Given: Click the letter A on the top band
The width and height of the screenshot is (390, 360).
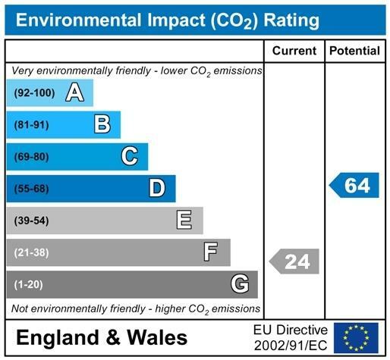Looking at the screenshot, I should coord(74,92).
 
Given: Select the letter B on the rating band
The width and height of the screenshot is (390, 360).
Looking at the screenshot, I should coord(102,124).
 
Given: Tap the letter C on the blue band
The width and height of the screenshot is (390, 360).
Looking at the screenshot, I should coord(129,156).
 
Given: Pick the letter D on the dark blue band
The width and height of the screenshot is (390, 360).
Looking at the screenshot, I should coord(156,188).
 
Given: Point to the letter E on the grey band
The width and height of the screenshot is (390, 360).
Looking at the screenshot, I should coord(184,221).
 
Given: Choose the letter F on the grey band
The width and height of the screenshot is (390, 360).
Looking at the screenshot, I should coord(211,252).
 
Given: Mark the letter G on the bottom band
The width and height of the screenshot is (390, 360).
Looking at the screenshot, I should coord(239,284).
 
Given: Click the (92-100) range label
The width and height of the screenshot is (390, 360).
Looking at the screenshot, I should coord(35,93).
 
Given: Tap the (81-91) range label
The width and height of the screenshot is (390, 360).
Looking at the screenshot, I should coord(31,125).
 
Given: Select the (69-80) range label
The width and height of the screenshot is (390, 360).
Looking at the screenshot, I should coord(31,157).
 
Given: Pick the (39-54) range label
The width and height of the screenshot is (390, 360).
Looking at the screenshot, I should coord(31,221).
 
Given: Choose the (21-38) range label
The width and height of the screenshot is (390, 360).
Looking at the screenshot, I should coord(31,252).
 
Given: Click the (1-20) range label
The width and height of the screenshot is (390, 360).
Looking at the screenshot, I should coord(29,284).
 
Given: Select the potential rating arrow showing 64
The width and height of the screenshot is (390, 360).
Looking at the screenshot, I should coord(354,185).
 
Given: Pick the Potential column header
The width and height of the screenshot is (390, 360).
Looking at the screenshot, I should coord(354,51).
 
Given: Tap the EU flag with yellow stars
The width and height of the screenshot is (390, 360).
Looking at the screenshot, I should coord(356,337).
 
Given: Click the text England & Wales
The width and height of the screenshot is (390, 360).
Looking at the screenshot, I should coord(101,337).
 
